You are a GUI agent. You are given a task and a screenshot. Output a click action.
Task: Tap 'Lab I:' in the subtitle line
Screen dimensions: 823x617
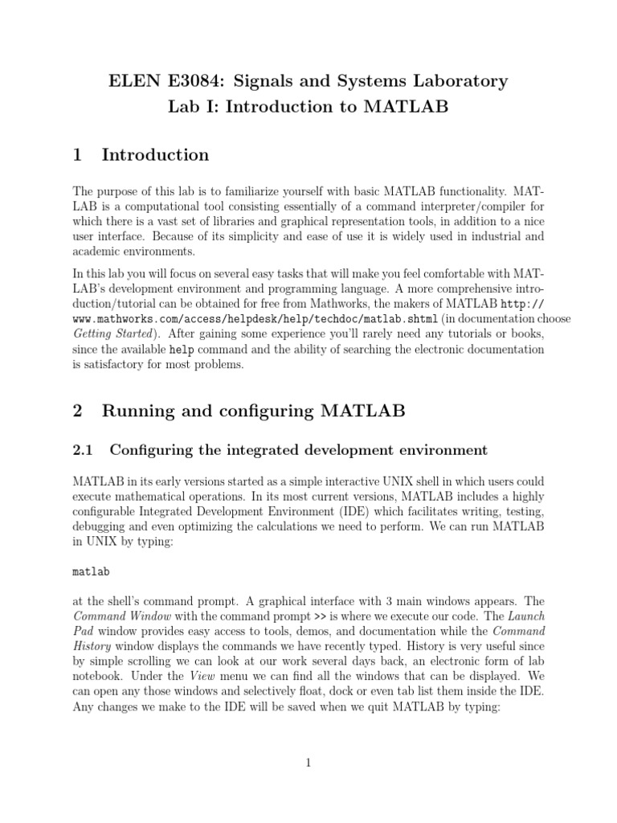[194, 107]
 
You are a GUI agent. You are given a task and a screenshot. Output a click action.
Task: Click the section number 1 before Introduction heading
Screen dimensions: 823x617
[78, 155]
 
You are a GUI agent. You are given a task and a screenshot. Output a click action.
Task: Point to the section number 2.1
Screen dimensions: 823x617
[84, 449]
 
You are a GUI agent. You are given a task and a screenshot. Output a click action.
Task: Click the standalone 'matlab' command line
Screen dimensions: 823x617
[91, 571]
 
